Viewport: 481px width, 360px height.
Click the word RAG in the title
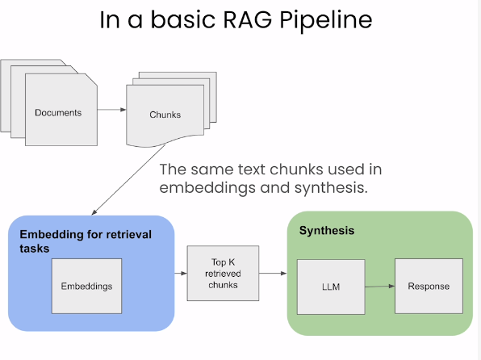pos(247,19)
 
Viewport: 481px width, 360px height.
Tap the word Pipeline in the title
pos(326,21)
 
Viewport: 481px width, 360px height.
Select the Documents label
pos(58,113)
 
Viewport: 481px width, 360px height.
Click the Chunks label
pos(165,115)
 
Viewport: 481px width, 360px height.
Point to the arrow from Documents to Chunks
pos(111,110)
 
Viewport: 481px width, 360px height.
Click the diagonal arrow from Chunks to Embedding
pos(128,179)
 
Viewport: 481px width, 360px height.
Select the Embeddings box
pos(86,286)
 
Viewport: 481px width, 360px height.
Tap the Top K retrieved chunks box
pos(223,273)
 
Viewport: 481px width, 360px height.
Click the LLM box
pos(331,287)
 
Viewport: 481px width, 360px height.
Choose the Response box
pos(429,286)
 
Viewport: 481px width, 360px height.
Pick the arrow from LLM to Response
pos(380,287)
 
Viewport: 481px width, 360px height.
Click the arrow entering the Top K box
pos(181,273)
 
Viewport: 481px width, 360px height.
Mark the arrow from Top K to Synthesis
pos(273,273)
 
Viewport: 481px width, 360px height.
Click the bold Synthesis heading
pos(327,231)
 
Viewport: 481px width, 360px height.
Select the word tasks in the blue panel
pos(35,249)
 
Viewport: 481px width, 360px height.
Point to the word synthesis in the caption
pos(331,188)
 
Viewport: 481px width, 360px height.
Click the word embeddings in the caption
pos(207,188)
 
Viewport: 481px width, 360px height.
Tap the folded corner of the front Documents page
pos(92,79)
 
